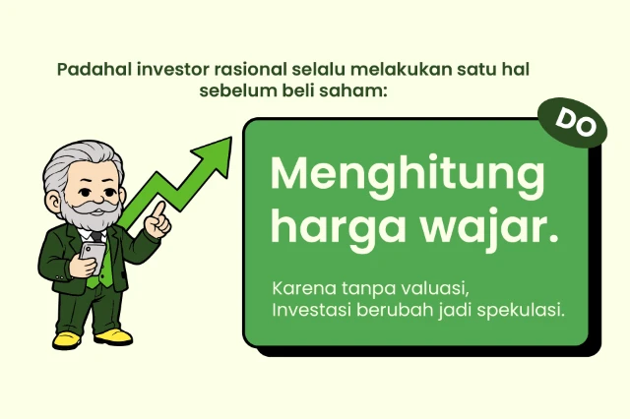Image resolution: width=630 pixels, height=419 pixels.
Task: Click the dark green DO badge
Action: pos(572,120)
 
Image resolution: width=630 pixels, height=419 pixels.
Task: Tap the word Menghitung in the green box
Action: pos(407,177)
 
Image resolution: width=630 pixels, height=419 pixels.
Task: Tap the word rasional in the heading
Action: pos(254,71)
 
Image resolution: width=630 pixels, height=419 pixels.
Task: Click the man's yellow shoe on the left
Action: pos(66,339)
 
